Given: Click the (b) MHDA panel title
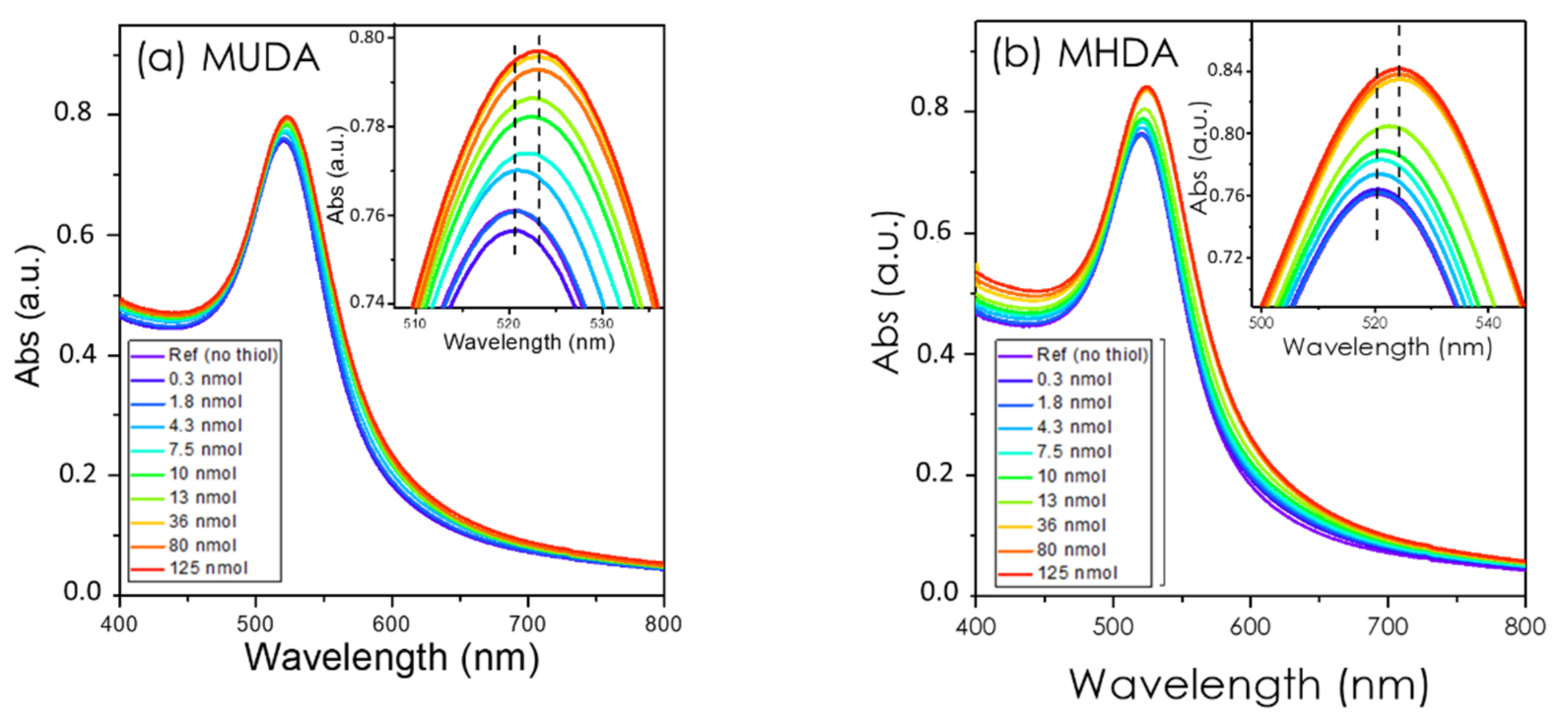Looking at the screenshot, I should click(x=1084, y=55).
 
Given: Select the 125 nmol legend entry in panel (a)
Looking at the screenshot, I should click(x=208, y=568).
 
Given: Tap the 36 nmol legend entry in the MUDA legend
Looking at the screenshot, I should click(x=203, y=521).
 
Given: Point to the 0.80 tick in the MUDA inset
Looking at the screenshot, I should click(x=367, y=37).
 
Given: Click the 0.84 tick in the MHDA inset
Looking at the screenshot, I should click(x=1224, y=71).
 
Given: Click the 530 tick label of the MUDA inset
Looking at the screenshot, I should click(x=601, y=323).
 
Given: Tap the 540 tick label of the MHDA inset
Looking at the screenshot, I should click(x=1488, y=323).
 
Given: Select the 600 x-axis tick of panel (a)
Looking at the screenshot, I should click(x=391, y=623).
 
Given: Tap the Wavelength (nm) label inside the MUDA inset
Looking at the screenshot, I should click(x=528, y=342).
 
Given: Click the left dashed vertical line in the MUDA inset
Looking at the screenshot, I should click(x=514, y=151).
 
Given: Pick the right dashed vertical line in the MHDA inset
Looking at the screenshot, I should click(x=1398, y=121).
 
